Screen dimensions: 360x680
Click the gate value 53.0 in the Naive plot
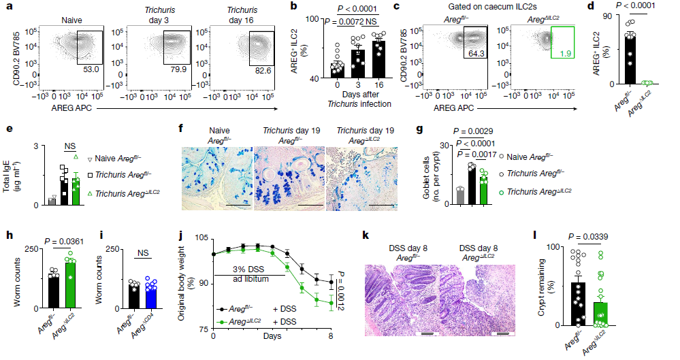click(84, 69)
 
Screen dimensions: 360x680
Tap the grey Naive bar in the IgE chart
click(52, 200)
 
